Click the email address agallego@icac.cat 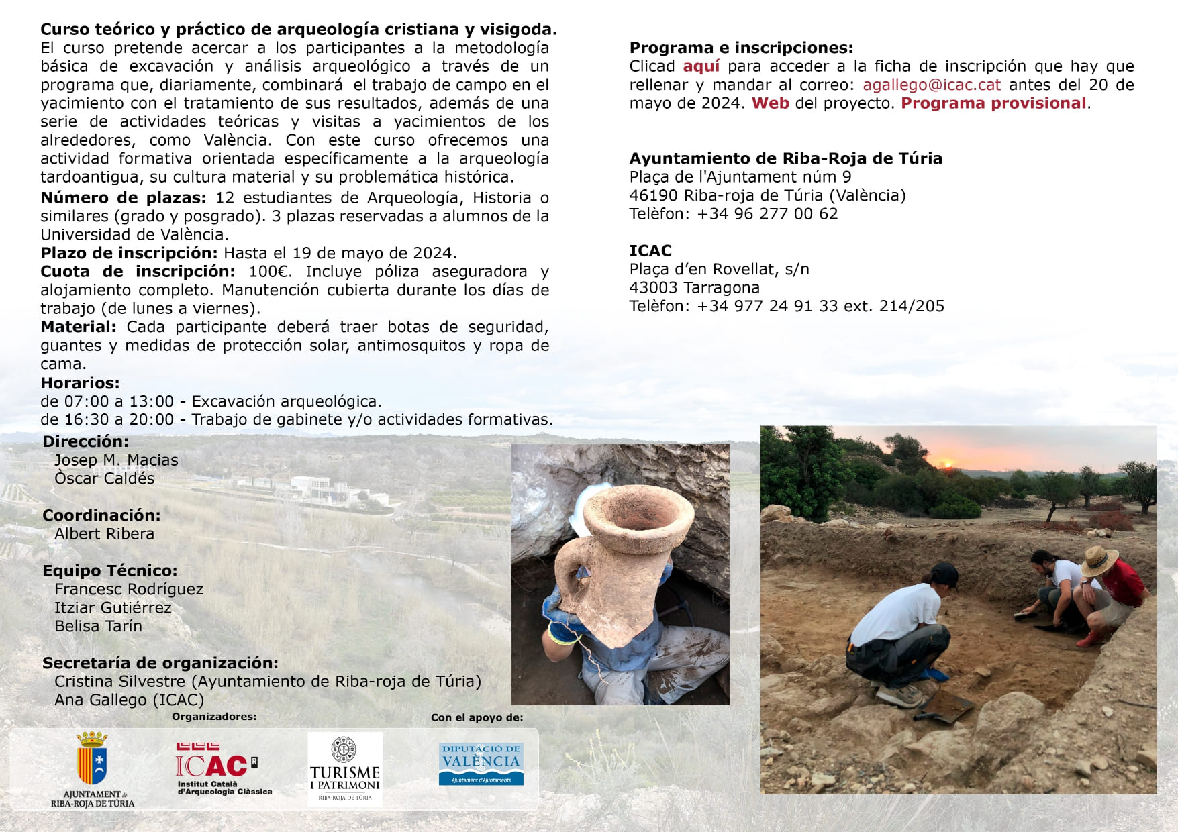click(x=931, y=85)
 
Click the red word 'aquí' click(x=701, y=66)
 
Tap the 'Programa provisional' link click(x=993, y=103)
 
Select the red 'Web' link click(x=770, y=103)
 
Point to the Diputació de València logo click(x=481, y=764)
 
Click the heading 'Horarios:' click(x=80, y=383)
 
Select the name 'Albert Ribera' click(x=104, y=534)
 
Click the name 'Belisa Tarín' click(x=98, y=626)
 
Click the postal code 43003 click(x=656, y=288)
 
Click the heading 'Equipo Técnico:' click(x=110, y=571)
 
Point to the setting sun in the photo click(x=948, y=463)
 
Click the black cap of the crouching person click(x=944, y=572)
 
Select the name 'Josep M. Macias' click(x=116, y=460)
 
